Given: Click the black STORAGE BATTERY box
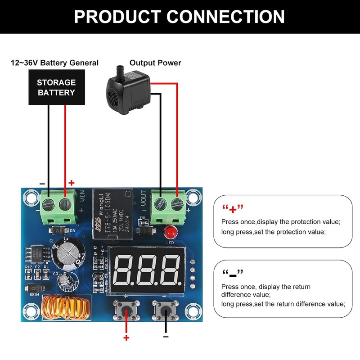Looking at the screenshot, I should [56, 88].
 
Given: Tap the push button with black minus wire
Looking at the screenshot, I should [166, 310].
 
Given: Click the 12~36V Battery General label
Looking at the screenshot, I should [54, 63].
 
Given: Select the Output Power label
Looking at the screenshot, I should [155, 63].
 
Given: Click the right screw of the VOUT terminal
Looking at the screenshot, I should [177, 204].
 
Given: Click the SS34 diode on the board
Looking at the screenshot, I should [35, 288].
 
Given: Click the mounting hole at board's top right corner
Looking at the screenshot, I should [193, 197].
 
